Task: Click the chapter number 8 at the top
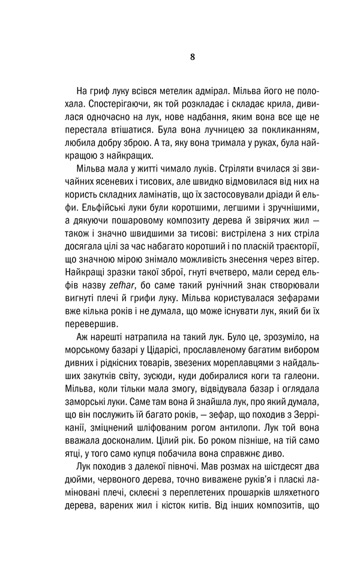click(191, 57)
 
